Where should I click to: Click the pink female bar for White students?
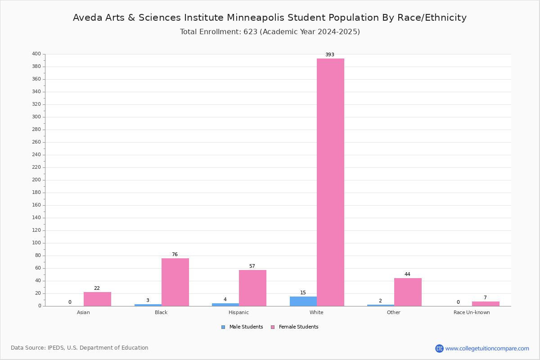[330, 182]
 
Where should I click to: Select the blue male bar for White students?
[303, 301]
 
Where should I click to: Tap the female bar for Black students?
[175, 282]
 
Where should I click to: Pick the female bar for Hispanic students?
[252, 288]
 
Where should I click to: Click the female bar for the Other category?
[408, 292]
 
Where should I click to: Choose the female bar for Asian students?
[97, 299]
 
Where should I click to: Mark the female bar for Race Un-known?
[486, 304]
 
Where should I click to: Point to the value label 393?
[330, 55]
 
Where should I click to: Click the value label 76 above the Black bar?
[175, 254]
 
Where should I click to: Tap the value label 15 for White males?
[303, 293]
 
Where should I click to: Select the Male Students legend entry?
[242, 327]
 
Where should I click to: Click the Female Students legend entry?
[295, 327]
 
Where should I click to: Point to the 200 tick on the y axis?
[36, 180]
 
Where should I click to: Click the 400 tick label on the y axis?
[36, 54]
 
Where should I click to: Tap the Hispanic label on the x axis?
[238, 312]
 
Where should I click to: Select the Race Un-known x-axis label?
[472, 312]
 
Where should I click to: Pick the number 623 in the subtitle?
[251, 32]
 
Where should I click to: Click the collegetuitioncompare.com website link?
[487, 348]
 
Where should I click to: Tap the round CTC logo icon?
[439, 348]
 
